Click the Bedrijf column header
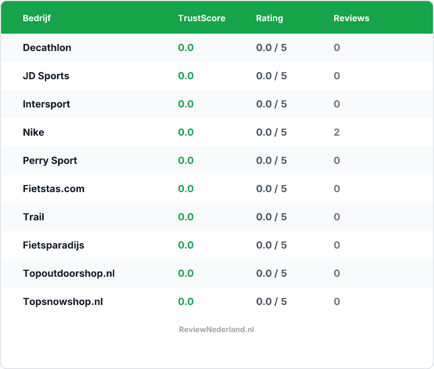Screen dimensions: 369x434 (x=37, y=18)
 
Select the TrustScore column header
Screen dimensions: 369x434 (x=201, y=18)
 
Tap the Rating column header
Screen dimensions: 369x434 (x=269, y=18)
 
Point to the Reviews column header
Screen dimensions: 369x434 (x=351, y=18)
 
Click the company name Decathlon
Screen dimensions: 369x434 (x=47, y=48)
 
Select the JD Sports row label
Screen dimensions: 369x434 (x=46, y=76)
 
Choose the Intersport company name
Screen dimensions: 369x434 (x=46, y=104)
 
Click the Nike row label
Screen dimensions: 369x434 (x=33, y=132)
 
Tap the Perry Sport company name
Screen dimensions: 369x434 (x=50, y=161)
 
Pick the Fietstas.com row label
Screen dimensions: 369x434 (x=53, y=189)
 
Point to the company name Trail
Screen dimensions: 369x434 (x=33, y=217)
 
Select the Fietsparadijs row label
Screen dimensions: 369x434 (x=53, y=245)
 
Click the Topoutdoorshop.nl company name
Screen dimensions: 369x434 (x=68, y=273)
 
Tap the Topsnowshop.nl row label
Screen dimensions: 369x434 (x=62, y=302)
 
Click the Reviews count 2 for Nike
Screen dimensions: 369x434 (x=337, y=132)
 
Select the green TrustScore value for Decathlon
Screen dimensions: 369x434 (x=186, y=48)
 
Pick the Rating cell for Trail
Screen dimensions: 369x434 (x=271, y=217)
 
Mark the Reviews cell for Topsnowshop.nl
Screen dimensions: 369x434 (x=337, y=302)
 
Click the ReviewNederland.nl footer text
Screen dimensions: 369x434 (x=216, y=329)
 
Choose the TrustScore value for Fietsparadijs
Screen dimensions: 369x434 (x=186, y=245)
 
